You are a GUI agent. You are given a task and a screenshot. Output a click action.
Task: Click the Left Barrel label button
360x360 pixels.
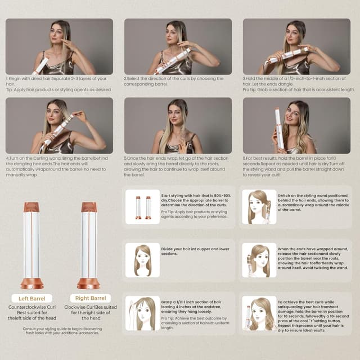tap(31, 298)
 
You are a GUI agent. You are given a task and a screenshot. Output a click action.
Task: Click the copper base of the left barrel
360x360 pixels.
tap(31, 281)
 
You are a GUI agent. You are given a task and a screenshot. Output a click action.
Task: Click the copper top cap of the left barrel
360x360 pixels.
tap(31, 207)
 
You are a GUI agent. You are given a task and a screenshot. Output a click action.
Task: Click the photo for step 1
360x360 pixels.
tap(59, 47)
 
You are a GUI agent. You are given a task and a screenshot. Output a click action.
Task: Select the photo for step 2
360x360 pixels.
tap(178, 47)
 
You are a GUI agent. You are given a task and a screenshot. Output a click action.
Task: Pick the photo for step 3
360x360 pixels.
tap(296, 47)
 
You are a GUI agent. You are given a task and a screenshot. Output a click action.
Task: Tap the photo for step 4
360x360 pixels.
tap(59, 125)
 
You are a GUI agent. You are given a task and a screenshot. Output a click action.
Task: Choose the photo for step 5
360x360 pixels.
tap(178, 125)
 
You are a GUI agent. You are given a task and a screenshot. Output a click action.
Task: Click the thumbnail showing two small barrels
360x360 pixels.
tap(142, 207)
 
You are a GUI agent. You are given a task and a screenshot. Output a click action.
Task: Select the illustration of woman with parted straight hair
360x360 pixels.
tap(142, 260)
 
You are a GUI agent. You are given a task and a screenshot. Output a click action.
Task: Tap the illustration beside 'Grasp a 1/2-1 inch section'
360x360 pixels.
tap(142, 313)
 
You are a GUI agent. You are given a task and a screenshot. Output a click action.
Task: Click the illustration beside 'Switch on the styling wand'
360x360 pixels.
tap(259, 207)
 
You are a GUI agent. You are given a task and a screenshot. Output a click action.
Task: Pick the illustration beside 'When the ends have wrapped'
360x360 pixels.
tap(259, 260)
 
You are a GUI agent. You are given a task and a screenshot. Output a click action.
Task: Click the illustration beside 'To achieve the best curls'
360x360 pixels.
tap(259, 313)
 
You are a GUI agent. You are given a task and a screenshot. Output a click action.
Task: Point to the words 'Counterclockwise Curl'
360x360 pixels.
tap(31, 308)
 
